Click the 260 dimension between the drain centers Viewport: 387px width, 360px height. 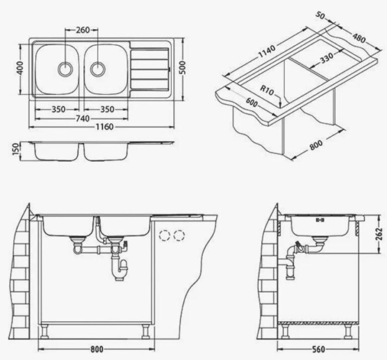(x=83, y=30)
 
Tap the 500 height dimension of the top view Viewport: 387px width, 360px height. (x=185, y=69)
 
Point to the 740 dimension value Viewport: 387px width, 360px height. (x=82, y=119)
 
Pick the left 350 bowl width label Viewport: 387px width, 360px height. (x=58, y=110)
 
